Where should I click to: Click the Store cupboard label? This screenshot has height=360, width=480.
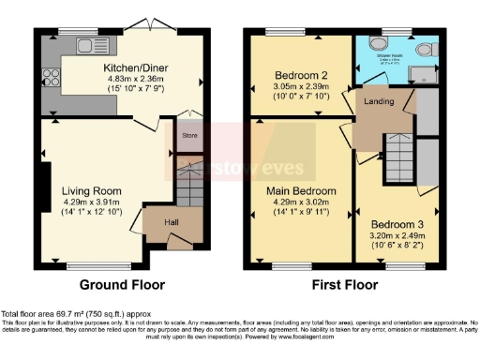pyautogui.click(x=190, y=136)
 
